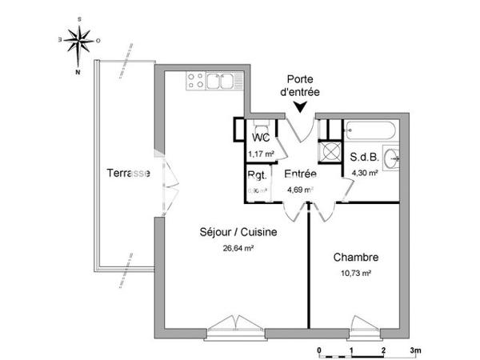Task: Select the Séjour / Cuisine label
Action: pyautogui.click(x=238, y=233)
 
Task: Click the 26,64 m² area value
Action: pyautogui.click(x=238, y=248)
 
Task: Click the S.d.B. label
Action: pyautogui.click(x=363, y=157)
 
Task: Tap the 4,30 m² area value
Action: pyautogui.click(x=363, y=171)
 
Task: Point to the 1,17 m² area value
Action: pyautogui.click(x=260, y=154)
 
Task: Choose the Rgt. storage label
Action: pyautogui.click(x=257, y=175)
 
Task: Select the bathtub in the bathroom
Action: pyautogui.click(x=369, y=129)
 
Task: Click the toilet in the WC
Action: pyautogui.click(x=260, y=129)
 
